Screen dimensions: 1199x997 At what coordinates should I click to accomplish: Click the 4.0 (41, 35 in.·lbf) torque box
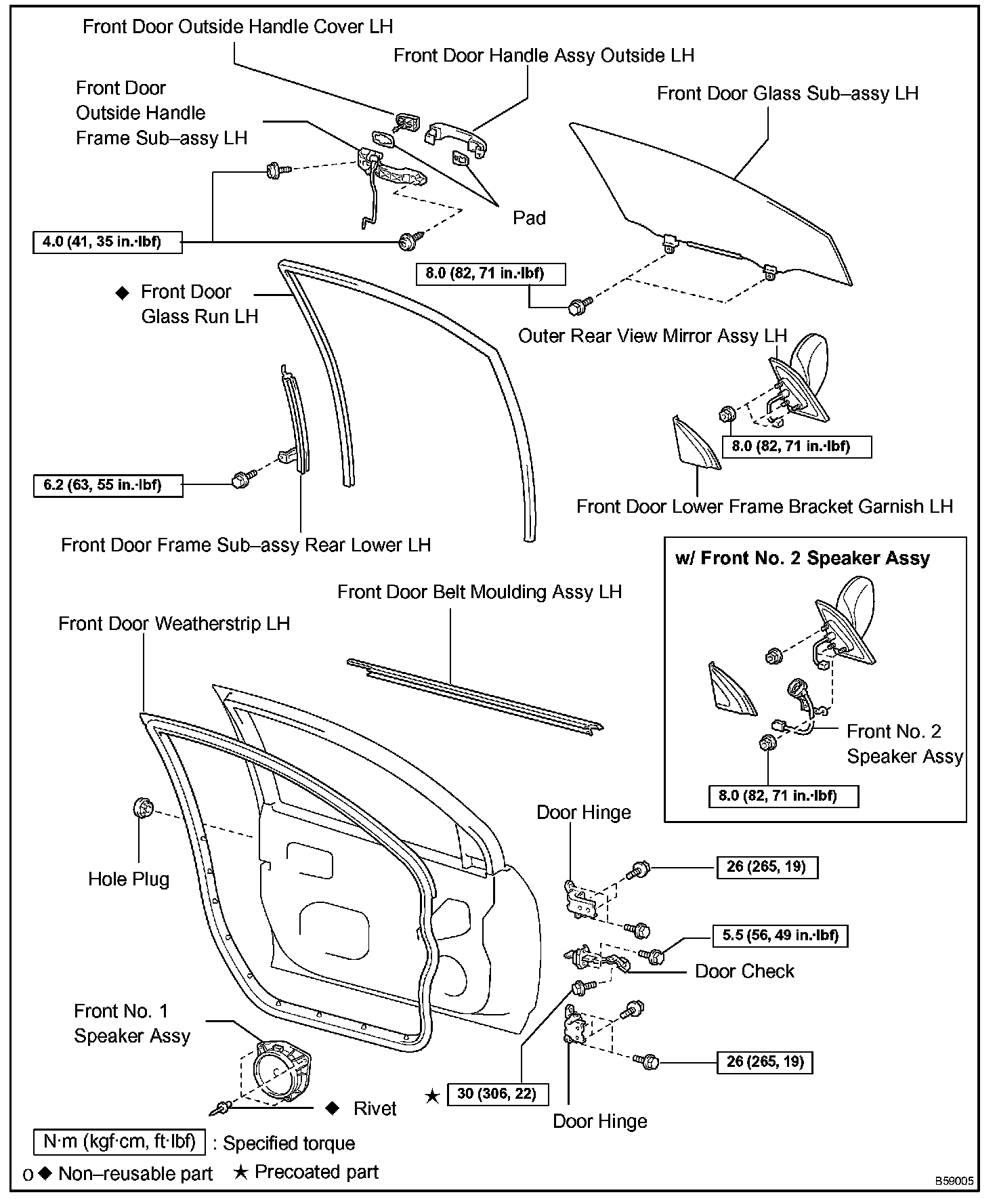pos(107,242)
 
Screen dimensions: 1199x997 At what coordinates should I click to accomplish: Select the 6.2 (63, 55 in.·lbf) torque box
pos(108,485)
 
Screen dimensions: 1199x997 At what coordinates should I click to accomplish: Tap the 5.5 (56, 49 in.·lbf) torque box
pos(780,935)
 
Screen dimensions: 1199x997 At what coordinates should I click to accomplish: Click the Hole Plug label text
pos(129,879)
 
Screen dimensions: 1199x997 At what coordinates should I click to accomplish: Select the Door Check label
pos(744,971)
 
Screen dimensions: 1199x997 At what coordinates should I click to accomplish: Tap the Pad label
pos(529,218)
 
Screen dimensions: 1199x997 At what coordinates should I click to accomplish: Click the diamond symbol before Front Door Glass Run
pos(122,293)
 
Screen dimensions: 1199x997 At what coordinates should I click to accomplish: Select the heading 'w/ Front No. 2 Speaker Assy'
pos(803,558)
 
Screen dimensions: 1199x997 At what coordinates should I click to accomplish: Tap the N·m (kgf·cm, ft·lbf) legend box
pos(119,1141)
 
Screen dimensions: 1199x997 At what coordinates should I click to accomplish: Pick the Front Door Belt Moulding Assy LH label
pos(480,592)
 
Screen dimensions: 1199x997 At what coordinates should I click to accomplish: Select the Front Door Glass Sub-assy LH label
pos(787,93)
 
